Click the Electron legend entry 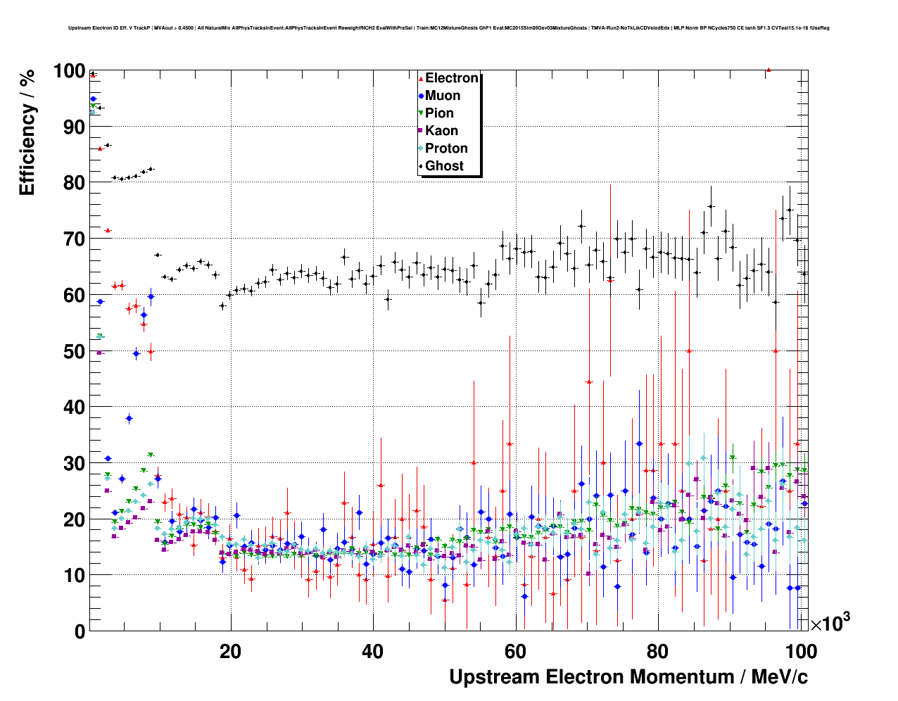click(451, 78)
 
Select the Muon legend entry click(442, 96)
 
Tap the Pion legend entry click(439, 113)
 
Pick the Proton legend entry click(446, 149)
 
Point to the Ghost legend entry click(444, 166)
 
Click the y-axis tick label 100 click(69, 71)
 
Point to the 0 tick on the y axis click(80, 632)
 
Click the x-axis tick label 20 click(230, 652)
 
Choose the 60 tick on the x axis click(515, 652)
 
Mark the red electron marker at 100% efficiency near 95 click(769, 70)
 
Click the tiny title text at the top click(449, 28)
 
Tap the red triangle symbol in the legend click(421, 79)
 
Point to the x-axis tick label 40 click(373, 652)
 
